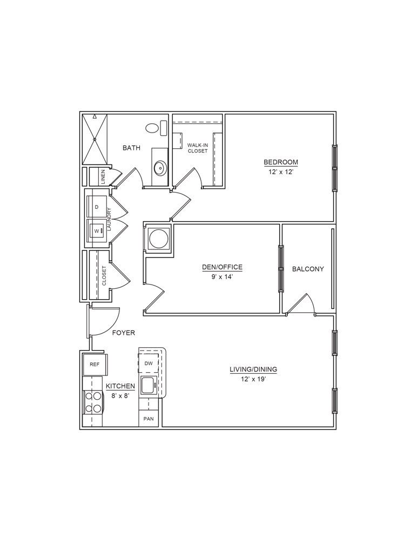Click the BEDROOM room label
(x=280, y=162)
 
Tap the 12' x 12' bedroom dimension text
(x=280, y=171)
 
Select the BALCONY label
(x=308, y=269)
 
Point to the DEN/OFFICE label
(x=222, y=267)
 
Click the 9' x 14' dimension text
(x=222, y=276)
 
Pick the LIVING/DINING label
(x=253, y=370)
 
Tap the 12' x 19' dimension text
(x=253, y=379)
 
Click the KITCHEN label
(x=120, y=386)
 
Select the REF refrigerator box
(x=94, y=364)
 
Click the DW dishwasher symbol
(x=149, y=364)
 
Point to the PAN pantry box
(x=149, y=419)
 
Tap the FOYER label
(x=124, y=333)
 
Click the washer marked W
(x=97, y=231)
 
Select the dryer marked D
(x=97, y=207)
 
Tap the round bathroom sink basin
(x=160, y=168)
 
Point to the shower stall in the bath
(x=95, y=138)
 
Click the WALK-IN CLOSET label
(x=197, y=148)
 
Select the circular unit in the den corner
(x=158, y=239)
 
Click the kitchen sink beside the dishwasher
(x=147, y=386)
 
